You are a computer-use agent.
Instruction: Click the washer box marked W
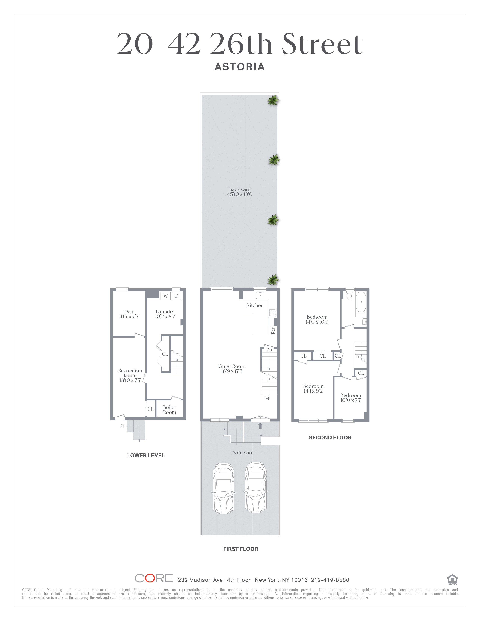click(x=165, y=296)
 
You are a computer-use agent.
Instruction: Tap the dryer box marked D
click(x=177, y=296)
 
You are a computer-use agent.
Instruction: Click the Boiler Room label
click(x=169, y=410)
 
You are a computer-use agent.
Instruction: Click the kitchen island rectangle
click(x=248, y=324)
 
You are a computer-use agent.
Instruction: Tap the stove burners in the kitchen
click(x=272, y=313)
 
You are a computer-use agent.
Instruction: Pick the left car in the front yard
click(x=224, y=488)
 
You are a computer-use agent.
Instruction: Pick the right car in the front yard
click(x=256, y=488)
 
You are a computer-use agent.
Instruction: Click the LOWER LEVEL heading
click(x=146, y=455)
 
